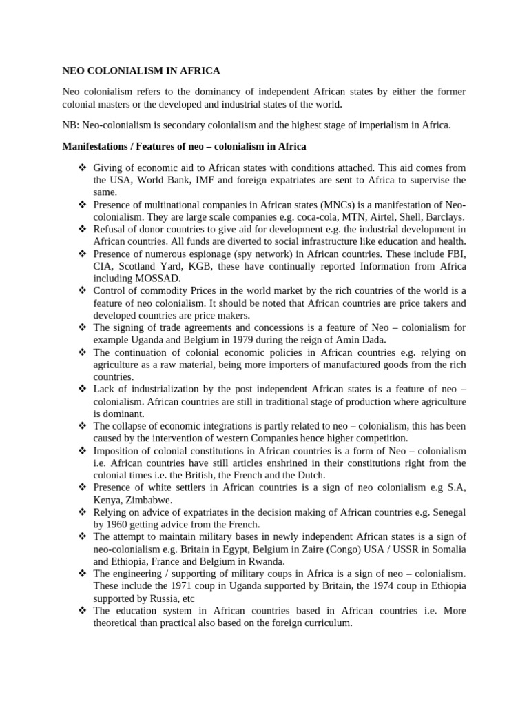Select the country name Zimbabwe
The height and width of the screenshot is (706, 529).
tap(150, 499)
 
